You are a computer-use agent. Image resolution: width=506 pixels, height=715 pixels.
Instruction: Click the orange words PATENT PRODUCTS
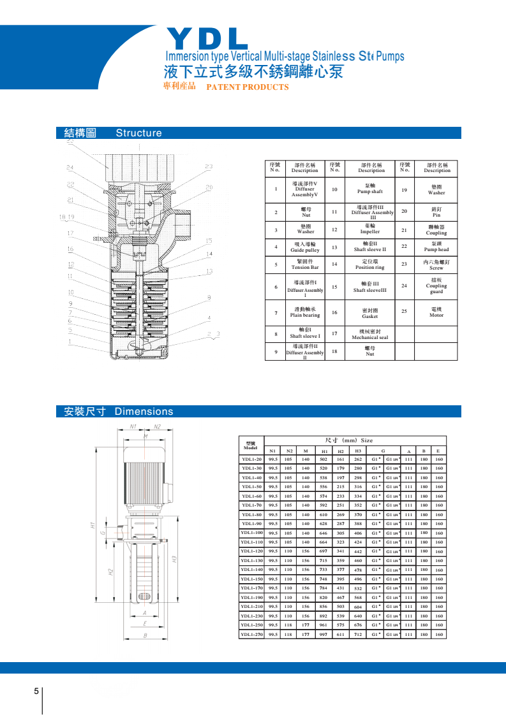[x=248, y=87]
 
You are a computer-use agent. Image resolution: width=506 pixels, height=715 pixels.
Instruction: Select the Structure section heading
[x=138, y=133]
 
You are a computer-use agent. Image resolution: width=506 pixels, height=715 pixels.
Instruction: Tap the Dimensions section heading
[x=144, y=412]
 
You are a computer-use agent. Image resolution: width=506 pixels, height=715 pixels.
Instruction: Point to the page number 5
[x=36, y=691]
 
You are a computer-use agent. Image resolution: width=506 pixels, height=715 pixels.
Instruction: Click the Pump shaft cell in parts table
[x=370, y=189]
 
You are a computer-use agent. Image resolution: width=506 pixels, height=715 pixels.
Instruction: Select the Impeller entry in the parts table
[x=370, y=229]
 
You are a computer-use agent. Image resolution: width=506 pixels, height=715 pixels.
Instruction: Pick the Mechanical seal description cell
[x=370, y=335]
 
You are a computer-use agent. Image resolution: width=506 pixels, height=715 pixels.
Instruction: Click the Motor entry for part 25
[x=436, y=312]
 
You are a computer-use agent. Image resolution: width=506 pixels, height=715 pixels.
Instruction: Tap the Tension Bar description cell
[x=305, y=265]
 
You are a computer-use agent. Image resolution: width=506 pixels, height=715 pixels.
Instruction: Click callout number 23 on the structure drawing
[x=209, y=166]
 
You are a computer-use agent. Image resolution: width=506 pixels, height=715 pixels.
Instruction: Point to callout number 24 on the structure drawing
[x=70, y=167]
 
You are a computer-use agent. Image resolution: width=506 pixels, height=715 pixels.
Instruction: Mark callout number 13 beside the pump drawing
[x=209, y=271]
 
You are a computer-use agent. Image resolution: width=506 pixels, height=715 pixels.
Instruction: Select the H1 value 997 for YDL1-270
[x=324, y=634]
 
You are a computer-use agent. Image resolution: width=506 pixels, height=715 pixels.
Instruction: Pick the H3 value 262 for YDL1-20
[x=358, y=459]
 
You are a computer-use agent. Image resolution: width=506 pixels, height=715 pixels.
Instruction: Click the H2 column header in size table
[x=341, y=451]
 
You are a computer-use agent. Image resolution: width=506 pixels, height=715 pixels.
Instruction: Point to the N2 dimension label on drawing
[x=157, y=426]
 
